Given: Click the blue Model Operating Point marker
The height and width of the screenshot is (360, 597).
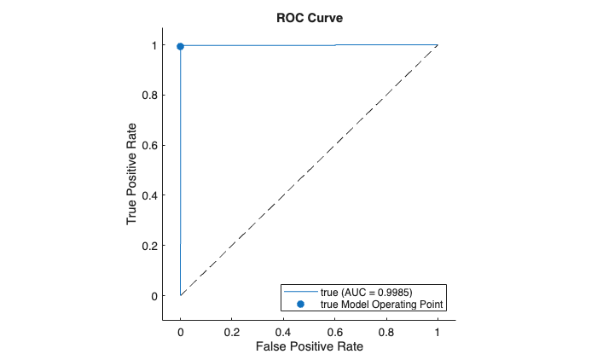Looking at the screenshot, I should click(180, 46).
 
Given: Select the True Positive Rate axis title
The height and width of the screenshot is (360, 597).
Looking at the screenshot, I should click(133, 171).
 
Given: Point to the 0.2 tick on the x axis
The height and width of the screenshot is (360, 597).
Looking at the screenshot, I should click(232, 330).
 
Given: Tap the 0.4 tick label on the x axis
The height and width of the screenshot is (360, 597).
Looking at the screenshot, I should click(283, 330).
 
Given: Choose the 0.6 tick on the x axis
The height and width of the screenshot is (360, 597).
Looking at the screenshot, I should click(334, 330).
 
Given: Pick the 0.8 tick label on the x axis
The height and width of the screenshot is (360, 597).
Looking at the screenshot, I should click(385, 330).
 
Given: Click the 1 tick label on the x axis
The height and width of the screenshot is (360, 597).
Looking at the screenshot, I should click(438, 330).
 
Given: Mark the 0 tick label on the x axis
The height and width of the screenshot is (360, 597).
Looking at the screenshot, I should click(180, 330).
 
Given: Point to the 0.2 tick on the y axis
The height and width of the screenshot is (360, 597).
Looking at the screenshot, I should click(149, 246).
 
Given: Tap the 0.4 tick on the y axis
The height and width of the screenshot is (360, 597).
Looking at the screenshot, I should click(149, 195).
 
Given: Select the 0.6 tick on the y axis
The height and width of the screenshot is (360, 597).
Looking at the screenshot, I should click(149, 145).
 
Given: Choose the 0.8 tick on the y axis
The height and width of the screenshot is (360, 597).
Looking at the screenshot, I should click(149, 96).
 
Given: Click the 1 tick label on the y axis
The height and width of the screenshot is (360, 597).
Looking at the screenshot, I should click(154, 45).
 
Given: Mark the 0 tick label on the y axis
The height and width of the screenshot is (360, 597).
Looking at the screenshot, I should click(154, 296).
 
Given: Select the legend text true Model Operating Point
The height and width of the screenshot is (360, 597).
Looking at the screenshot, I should click(383, 304).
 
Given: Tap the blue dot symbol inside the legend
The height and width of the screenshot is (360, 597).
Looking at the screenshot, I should click(299, 304).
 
